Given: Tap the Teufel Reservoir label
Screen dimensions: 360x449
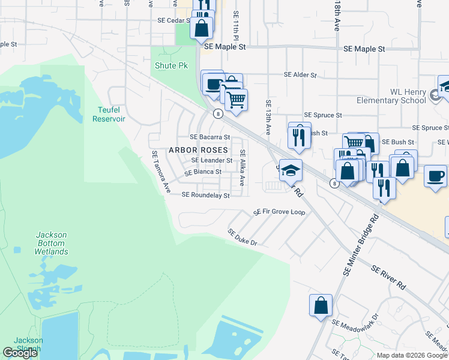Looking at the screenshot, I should (x=109, y=114).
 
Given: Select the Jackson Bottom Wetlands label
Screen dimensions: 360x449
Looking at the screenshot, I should (x=51, y=243).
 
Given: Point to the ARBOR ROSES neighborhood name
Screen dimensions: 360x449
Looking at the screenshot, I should (x=198, y=149).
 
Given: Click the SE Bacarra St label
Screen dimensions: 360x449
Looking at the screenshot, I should (x=210, y=137).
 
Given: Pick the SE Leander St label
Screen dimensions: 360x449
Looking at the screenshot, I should (x=211, y=161).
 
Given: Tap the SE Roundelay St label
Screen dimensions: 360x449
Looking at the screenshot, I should (x=205, y=195).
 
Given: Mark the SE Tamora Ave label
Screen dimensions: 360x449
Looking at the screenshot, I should (x=160, y=172).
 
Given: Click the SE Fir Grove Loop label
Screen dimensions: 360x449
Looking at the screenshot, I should (x=279, y=212).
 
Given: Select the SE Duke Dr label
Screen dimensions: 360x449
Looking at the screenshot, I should (x=242, y=238).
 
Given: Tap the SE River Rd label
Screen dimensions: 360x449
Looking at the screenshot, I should (x=388, y=278).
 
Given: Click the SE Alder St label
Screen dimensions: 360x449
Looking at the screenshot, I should (x=300, y=75).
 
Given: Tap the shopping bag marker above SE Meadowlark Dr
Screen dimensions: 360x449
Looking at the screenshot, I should (x=321, y=305).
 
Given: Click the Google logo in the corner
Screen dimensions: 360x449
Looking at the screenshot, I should (x=20, y=353).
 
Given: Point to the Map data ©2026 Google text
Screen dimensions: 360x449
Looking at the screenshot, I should (x=412, y=355).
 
